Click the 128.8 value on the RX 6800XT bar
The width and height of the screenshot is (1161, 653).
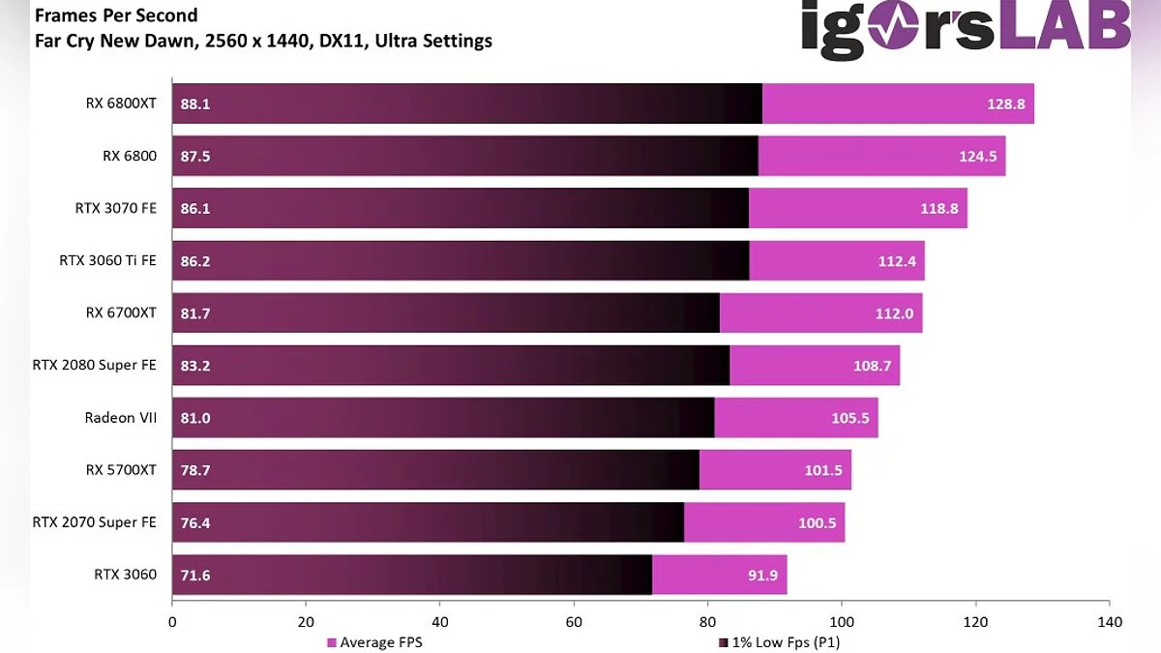1005,104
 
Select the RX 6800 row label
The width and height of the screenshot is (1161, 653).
129,156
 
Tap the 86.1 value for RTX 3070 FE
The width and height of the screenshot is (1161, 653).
195,208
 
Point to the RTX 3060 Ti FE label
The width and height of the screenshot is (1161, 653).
107,260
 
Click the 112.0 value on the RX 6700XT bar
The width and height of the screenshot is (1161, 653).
893,312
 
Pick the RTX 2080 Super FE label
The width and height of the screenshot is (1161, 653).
94,365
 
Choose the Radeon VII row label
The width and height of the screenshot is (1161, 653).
120,417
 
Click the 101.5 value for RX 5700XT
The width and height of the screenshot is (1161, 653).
822,470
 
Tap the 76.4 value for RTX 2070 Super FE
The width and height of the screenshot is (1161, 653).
195,522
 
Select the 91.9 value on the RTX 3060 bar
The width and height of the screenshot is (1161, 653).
759,575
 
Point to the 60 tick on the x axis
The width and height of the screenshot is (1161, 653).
574,622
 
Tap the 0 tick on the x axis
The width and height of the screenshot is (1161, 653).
172,622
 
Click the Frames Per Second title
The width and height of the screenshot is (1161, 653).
116,15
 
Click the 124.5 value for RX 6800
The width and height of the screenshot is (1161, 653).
977,156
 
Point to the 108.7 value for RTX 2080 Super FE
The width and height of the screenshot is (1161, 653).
872,365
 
